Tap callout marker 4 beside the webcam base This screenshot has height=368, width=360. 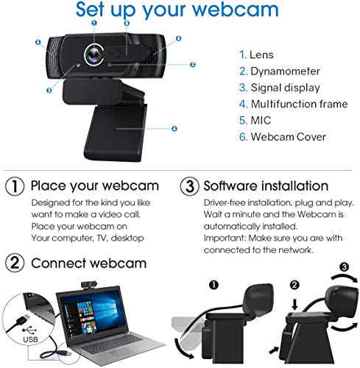[x=174, y=129]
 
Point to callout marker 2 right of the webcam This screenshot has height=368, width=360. [x=192, y=65]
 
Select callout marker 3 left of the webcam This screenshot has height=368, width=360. [x=48, y=91]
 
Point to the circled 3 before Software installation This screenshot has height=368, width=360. [x=188, y=185]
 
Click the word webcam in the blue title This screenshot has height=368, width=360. [x=236, y=10]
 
